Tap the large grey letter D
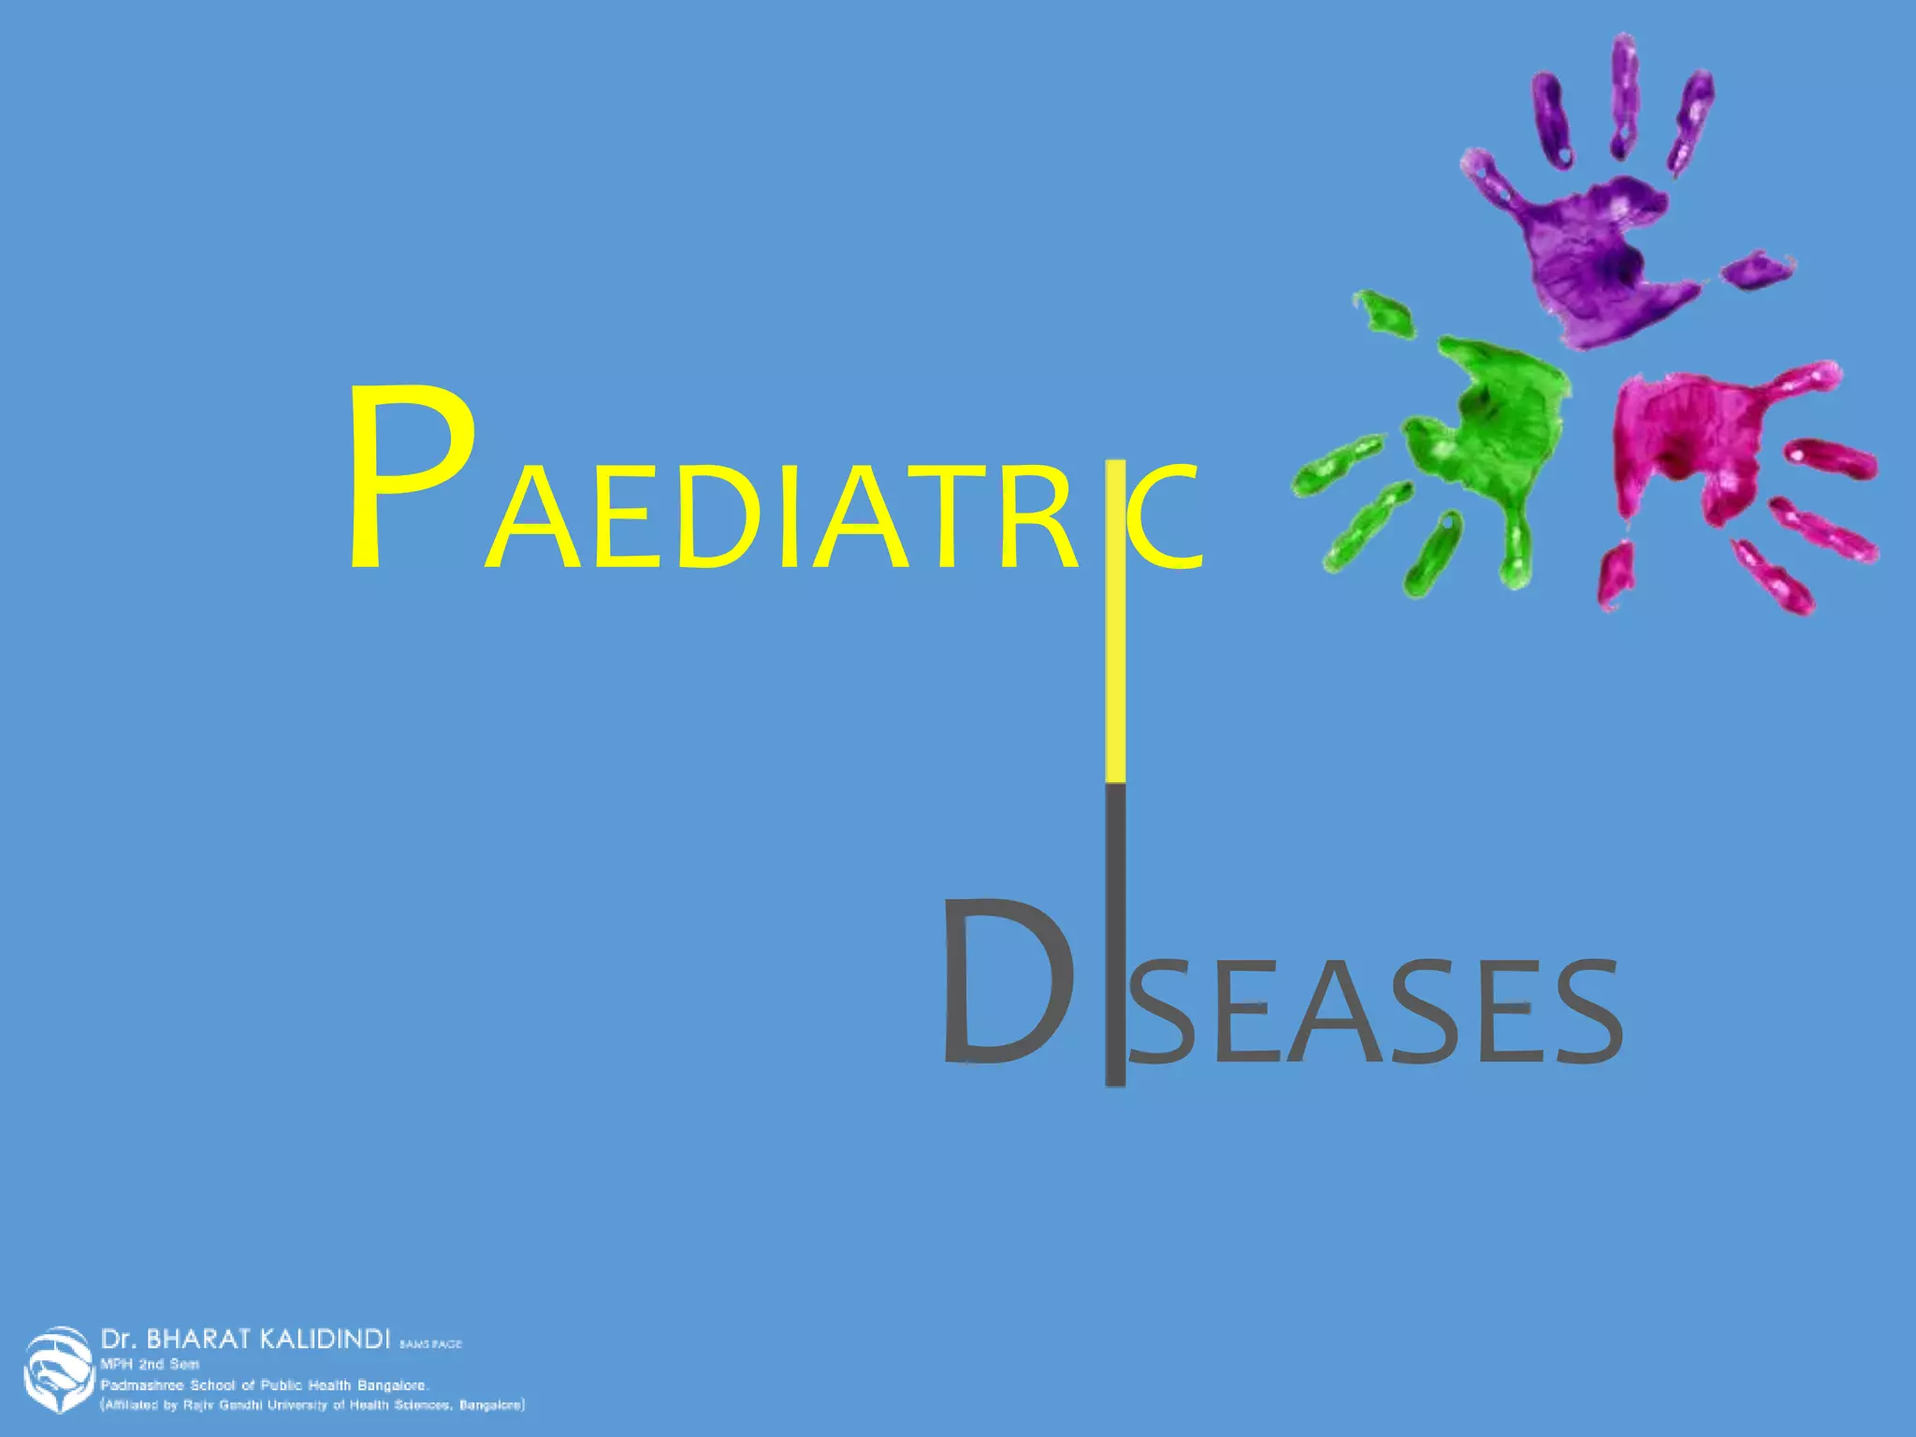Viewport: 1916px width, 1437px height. tap(1006, 982)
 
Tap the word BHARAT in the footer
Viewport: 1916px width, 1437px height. tap(197, 1339)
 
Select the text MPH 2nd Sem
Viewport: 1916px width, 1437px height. tap(150, 1364)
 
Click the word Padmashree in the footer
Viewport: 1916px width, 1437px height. tap(143, 1385)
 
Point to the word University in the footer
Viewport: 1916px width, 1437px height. tap(298, 1405)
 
